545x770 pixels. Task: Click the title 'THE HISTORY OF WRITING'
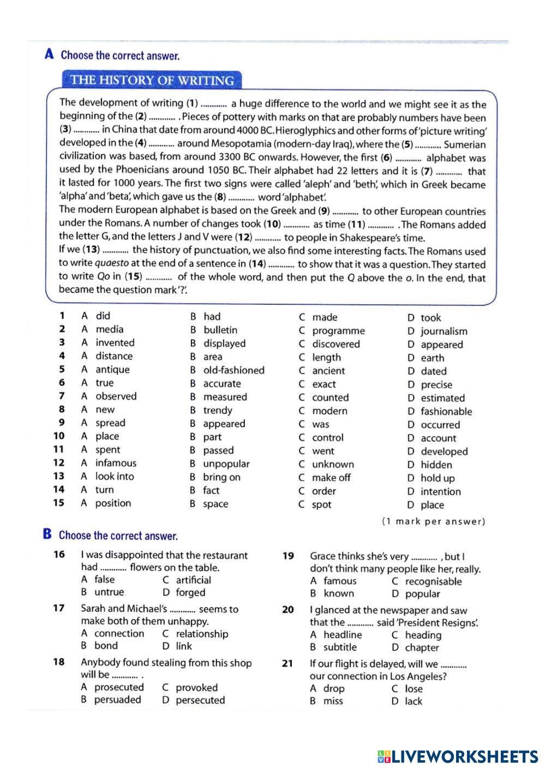point(152,80)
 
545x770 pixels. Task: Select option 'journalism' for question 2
point(444,331)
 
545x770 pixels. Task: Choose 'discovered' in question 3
point(336,344)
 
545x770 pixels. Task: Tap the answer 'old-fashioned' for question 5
point(233,370)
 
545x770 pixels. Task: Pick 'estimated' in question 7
point(442,398)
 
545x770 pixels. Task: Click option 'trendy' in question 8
point(218,411)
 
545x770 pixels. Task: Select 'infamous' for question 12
point(116,463)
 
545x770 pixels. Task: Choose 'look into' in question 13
point(115,477)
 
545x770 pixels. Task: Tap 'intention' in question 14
point(440,491)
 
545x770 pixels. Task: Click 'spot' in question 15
point(321,504)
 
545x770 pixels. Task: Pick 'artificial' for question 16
point(193,580)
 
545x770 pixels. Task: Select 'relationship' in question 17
point(202,634)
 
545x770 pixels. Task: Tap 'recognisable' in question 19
point(433,581)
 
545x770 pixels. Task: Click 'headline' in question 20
point(343,635)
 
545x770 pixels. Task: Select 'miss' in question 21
point(333,701)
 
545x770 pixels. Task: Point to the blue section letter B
point(47,534)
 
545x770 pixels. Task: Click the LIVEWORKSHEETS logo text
point(464,756)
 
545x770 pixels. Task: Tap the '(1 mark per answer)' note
point(433,521)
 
